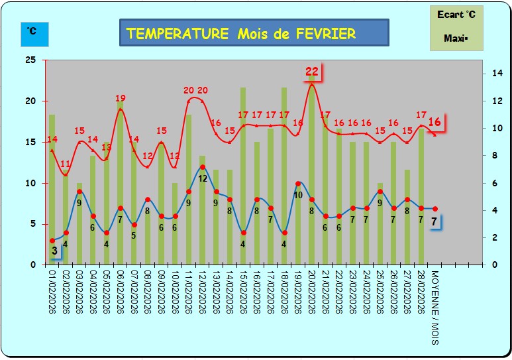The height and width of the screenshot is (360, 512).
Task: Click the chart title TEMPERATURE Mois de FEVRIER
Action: point(254,33)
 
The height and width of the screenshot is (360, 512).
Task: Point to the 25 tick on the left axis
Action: point(30,60)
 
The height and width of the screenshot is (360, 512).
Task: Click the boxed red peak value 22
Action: point(312,72)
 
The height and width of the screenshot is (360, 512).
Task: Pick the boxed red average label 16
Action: point(435,122)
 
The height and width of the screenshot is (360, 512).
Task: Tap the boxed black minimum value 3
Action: point(54,251)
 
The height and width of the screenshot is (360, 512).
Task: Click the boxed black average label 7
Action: point(434,222)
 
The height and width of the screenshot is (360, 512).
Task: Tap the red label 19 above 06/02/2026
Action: point(121,99)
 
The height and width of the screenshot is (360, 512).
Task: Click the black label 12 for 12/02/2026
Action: point(203,178)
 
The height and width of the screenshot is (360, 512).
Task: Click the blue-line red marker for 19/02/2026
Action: point(298,184)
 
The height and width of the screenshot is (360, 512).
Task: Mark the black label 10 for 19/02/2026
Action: point(297,195)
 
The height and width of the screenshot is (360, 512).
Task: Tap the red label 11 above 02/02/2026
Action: point(66,164)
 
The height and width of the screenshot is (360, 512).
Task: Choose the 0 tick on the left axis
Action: point(32,265)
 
